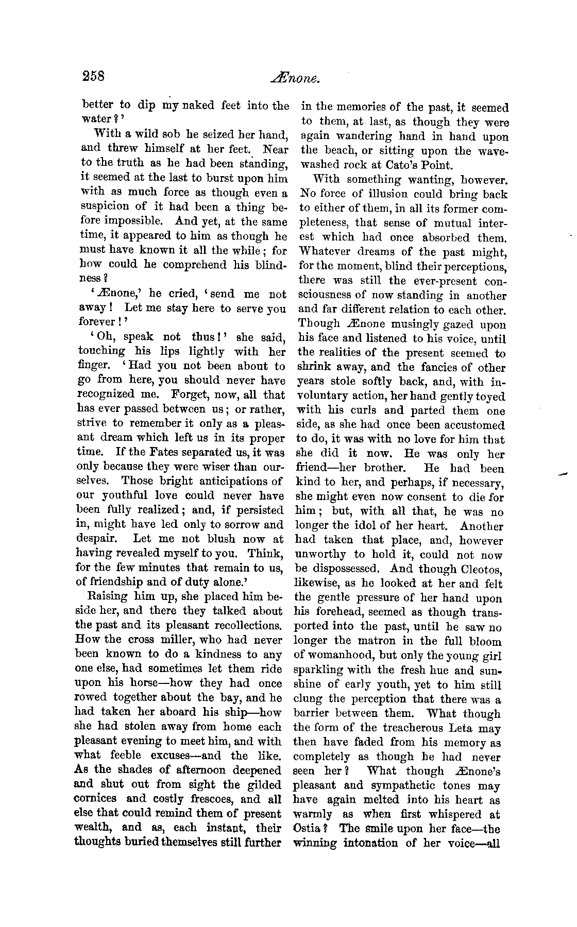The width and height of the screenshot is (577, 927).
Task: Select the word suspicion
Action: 107,208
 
